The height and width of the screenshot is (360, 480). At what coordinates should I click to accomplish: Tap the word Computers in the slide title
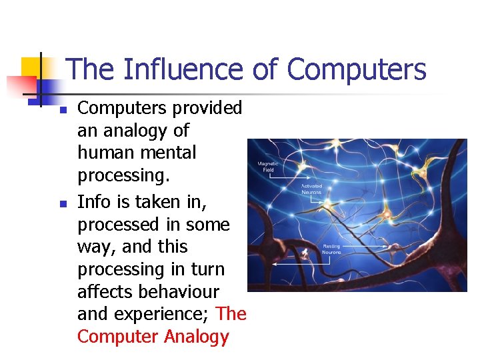click(x=357, y=69)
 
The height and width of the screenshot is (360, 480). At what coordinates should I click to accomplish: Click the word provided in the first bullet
click(x=205, y=107)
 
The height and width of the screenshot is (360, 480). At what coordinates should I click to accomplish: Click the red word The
click(x=231, y=314)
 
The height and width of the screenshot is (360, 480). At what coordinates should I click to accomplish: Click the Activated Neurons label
click(x=312, y=189)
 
